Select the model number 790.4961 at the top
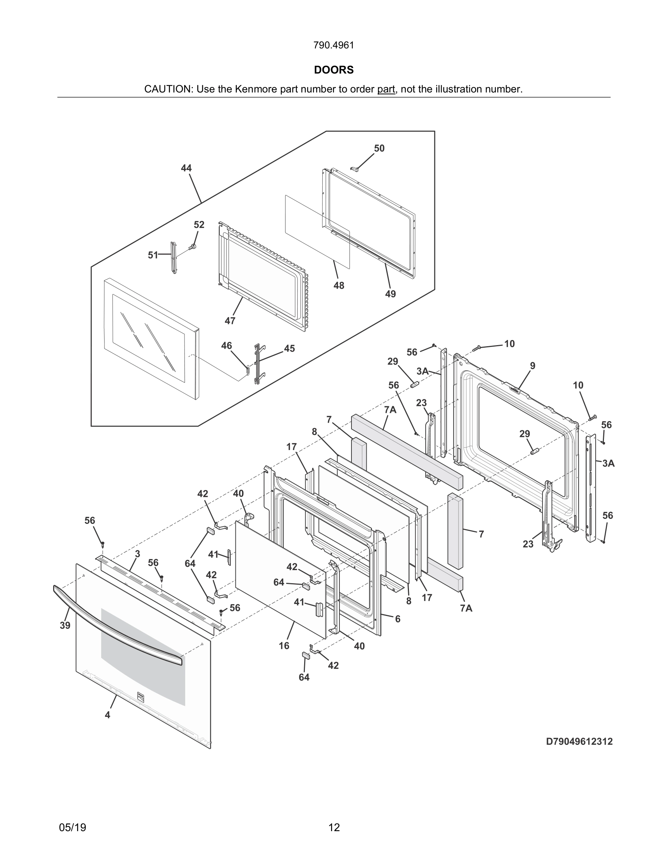[x=334, y=45]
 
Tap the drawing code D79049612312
[x=579, y=742]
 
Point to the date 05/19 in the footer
[x=72, y=828]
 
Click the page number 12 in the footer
[x=334, y=828]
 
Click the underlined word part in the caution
[x=386, y=89]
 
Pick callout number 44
[x=186, y=168]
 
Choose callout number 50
[x=379, y=148]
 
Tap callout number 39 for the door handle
[x=65, y=625]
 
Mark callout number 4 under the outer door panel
[x=107, y=715]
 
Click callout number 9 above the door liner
[x=533, y=366]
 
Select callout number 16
[x=284, y=645]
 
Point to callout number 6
[x=398, y=619]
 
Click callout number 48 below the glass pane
[x=339, y=285]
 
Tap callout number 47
[x=230, y=320]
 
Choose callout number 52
[x=199, y=225]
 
